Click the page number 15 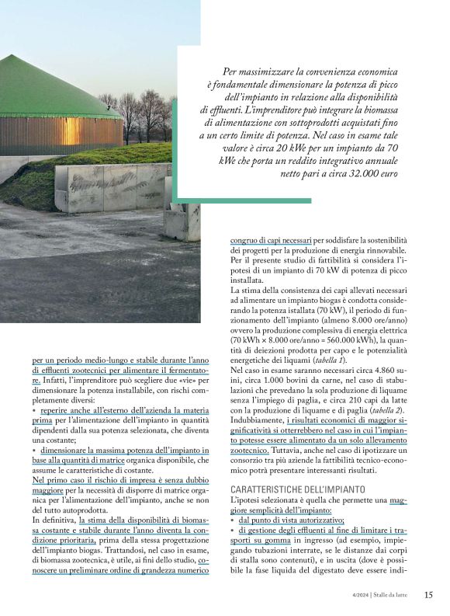pyautogui.click(x=429, y=595)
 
